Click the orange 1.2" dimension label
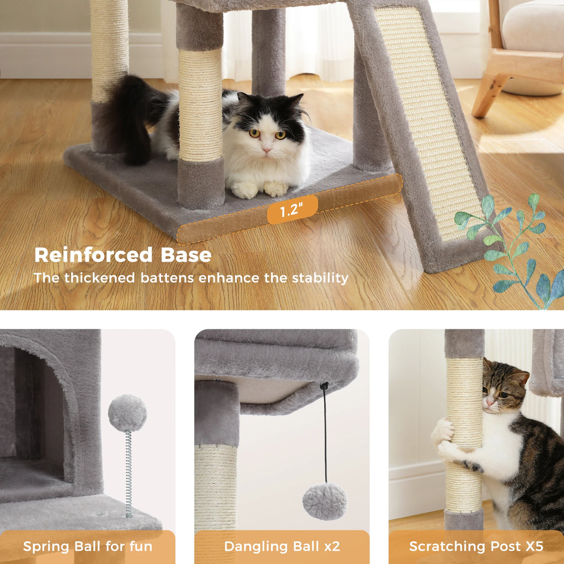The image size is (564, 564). [292, 210]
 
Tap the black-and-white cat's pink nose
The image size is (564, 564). [267, 150]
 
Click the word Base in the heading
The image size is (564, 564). [186, 255]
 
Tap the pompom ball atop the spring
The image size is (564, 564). [127, 413]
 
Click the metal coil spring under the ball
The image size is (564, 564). [128, 474]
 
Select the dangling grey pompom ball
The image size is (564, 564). [325, 501]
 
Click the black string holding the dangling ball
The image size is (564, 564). [325, 435]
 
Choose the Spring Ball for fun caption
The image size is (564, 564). [88, 546]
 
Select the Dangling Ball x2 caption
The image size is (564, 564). [282, 546]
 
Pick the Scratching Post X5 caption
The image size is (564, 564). [476, 546]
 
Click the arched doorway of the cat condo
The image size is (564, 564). [36, 408]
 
